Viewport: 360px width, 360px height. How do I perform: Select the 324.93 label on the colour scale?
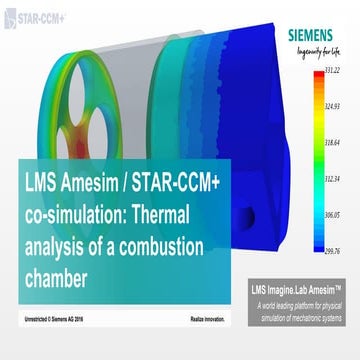(x=336, y=104)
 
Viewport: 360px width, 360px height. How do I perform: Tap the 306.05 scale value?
(x=336, y=215)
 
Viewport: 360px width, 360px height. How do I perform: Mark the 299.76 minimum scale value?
(x=336, y=250)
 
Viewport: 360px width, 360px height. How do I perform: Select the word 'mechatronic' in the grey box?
(x=315, y=317)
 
